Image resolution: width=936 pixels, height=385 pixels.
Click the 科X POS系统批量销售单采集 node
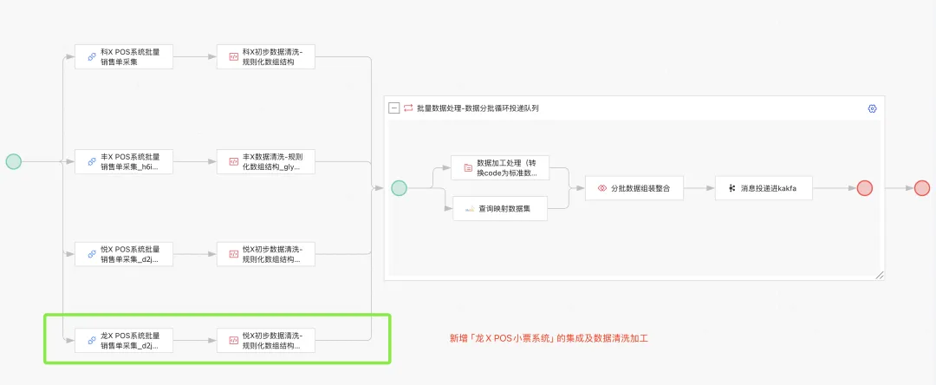click(123, 57)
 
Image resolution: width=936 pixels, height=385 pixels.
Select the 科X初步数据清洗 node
click(265, 57)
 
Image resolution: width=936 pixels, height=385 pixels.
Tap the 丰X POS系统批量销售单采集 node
click(123, 161)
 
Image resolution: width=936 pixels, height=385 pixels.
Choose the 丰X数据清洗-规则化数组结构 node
click(265, 161)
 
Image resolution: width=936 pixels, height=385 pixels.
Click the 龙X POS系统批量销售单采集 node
click(123, 340)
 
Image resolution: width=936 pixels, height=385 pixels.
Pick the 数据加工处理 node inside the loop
click(500, 167)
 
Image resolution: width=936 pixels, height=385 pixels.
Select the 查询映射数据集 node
click(500, 209)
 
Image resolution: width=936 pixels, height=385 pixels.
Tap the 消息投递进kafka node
click(764, 188)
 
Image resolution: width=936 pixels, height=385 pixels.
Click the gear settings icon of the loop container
click(872, 108)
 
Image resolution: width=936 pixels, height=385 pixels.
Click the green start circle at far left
click(13, 161)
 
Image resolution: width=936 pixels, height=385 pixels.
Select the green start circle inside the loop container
click(399, 188)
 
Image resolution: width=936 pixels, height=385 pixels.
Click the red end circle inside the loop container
click(864, 188)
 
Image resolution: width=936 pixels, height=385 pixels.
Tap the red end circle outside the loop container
click(921, 188)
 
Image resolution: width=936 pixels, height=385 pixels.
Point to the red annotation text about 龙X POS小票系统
click(548, 338)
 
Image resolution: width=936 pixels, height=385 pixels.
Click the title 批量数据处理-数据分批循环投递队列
click(478, 108)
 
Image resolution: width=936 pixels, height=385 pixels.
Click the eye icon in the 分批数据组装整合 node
click(601, 188)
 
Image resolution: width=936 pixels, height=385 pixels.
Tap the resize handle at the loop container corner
click(880, 275)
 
